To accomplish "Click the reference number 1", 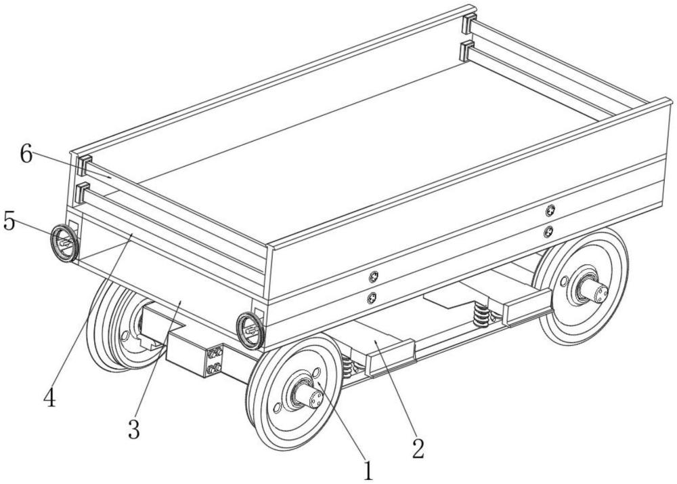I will click(368, 469).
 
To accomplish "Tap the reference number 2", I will click(419, 447).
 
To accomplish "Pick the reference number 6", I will click(26, 155).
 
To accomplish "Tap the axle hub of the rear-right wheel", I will click(593, 291).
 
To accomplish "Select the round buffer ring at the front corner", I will click(250, 330).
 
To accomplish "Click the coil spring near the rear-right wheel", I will click(483, 314).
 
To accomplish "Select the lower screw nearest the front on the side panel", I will click(371, 298).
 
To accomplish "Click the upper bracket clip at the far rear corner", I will click(468, 25).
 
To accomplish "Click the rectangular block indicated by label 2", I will click(391, 354).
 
